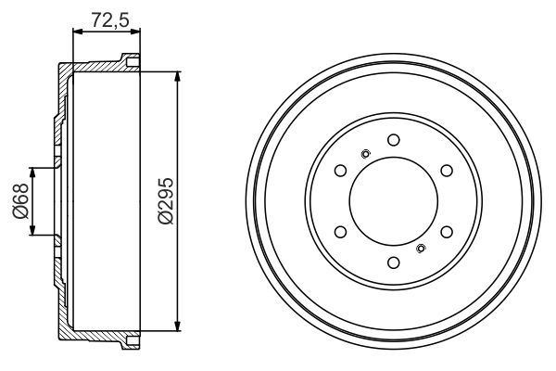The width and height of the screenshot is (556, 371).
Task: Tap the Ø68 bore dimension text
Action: click(18, 200)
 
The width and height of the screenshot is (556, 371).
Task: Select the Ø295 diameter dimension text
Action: click(163, 200)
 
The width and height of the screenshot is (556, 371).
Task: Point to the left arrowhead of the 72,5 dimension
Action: click(76, 32)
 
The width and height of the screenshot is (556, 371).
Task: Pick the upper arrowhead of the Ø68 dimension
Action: click(34, 172)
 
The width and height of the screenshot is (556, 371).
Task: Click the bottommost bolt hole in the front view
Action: click(393, 262)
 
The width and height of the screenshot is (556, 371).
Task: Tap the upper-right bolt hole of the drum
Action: click(446, 170)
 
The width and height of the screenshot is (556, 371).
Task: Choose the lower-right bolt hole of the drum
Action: click(446, 231)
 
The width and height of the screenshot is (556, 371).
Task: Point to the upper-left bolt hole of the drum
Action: click(340, 170)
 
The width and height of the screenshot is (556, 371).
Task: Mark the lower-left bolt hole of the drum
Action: click(340, 231)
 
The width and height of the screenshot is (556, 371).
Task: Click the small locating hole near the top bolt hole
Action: click(365, 154)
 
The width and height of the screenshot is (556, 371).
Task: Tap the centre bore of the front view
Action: click(393, 200)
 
